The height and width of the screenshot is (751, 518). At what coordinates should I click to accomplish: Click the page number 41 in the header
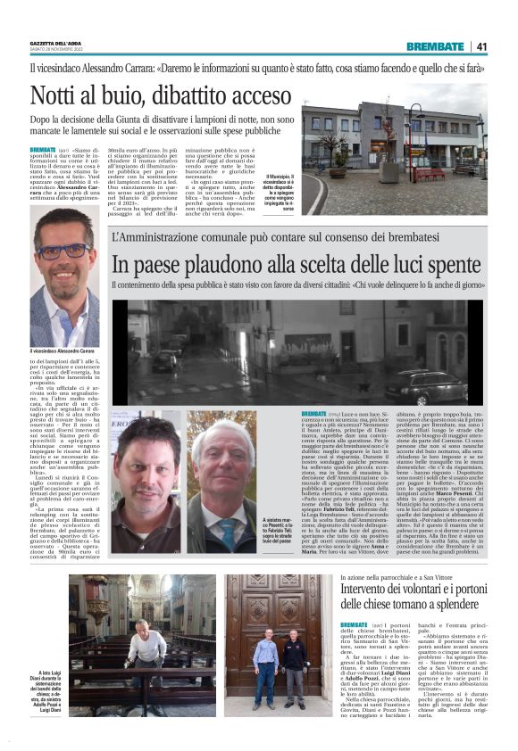point(481,46)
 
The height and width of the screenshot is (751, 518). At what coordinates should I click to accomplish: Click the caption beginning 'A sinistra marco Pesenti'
point(278,534)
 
